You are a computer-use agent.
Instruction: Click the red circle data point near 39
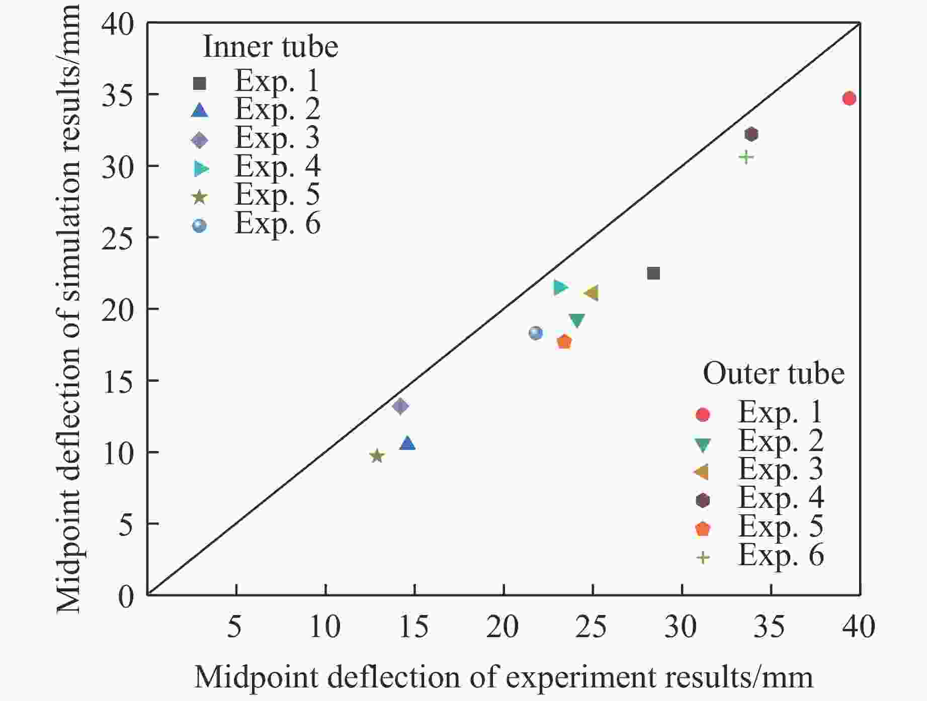[849, 98]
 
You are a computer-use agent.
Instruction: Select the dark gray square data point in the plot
[653, 273]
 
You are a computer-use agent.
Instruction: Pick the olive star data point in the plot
[377, 456]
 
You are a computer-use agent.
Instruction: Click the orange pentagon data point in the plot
[564, 341]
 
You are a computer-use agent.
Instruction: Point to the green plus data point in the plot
[746, 157]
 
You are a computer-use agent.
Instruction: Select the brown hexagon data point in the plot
[751, 134]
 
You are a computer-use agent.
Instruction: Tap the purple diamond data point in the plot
[400, 406]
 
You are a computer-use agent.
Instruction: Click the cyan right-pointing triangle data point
[560, 287]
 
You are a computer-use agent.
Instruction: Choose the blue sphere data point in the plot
[536, 333]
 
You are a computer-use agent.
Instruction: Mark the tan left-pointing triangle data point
[591, 293]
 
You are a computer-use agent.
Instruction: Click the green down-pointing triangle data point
[577, 320]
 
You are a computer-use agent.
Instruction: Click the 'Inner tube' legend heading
[270, 47]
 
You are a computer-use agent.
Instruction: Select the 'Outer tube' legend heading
[773, 374]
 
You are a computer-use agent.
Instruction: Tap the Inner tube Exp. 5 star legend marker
[200, 197]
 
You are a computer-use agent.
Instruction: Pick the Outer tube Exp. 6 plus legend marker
[702, 557]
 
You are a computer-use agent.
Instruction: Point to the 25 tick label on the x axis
[592, 627]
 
